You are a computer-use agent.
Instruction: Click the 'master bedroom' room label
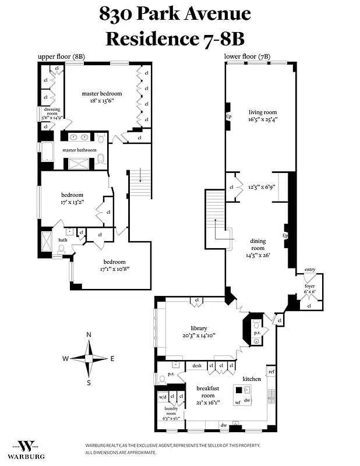102,94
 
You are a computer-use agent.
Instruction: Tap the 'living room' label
263,112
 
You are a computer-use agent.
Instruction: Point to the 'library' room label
199,328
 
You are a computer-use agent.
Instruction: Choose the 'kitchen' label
252,379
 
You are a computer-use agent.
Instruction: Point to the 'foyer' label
309,286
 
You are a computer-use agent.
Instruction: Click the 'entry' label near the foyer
309,270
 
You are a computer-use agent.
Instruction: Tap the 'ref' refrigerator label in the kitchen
271,371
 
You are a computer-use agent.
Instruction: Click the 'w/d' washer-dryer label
163,397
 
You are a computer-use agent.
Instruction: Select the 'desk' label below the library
197,366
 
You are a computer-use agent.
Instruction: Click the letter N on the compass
89,335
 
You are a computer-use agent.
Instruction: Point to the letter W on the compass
66,358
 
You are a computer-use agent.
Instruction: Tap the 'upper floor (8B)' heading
62,57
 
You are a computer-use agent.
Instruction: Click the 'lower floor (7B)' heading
247,57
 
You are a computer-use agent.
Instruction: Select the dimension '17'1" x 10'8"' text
114,270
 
